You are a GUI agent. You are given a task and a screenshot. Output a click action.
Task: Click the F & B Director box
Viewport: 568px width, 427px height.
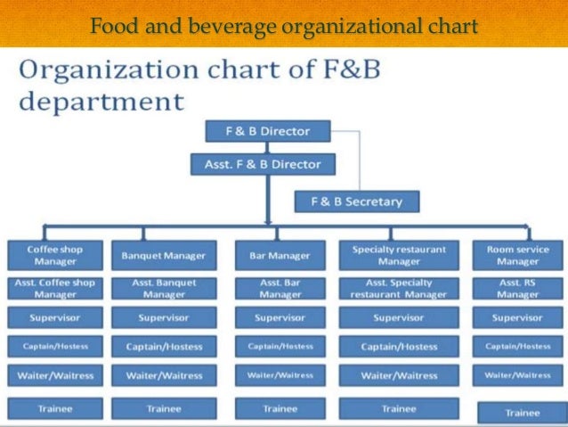click(x=266, y=131)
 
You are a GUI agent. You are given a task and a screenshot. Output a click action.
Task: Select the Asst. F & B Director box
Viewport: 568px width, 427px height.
click(x=263, y=164)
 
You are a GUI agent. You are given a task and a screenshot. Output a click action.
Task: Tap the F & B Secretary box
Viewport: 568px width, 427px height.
click(x=356, y=201)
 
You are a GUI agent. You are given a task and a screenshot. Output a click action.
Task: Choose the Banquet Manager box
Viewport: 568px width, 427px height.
click(x=164, y=256)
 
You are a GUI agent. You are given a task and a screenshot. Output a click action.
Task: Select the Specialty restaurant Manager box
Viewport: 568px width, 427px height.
click(x=399, y=256)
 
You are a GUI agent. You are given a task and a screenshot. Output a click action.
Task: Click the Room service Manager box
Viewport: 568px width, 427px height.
click(x=518, y=256)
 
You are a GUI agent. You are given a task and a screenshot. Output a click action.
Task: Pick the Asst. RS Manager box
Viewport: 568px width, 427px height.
click(x=518, y=289)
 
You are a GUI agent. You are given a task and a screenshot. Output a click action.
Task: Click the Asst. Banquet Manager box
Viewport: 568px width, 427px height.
click(x=164, y=289)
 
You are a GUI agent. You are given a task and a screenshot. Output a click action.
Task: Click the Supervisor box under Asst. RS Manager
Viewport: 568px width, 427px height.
click(x=518, y=317)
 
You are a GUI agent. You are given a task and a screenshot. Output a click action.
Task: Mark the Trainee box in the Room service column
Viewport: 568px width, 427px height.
click(x=522, y=413)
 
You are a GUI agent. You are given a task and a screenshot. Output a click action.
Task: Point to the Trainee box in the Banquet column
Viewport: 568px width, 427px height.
click(x=164, y=408)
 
